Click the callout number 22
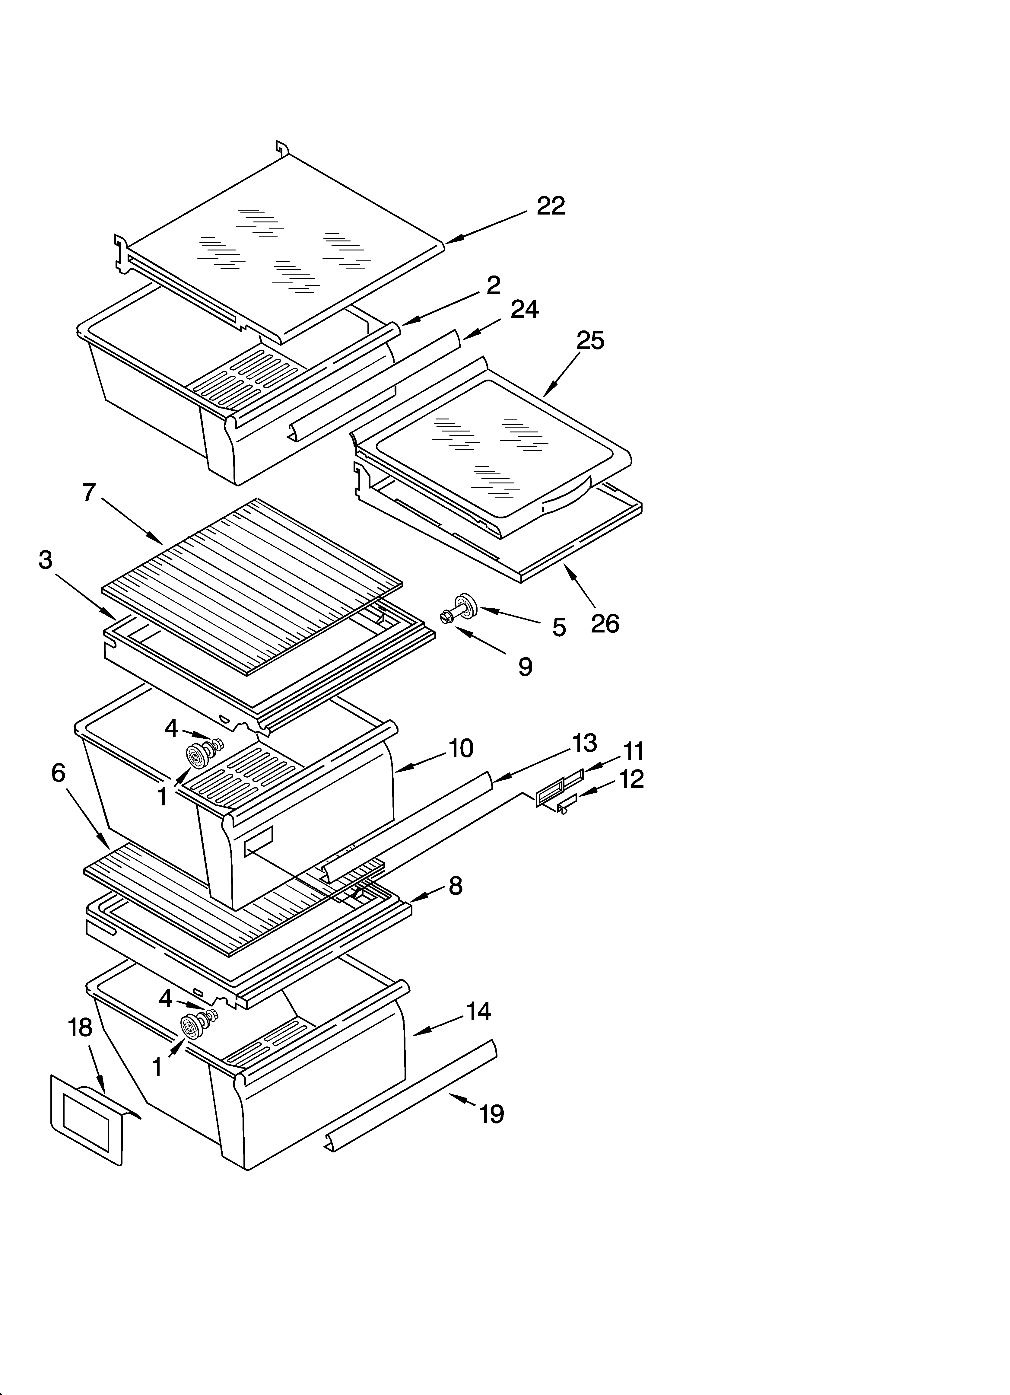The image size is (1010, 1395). coord(551,206)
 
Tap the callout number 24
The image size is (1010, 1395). coord(524,309)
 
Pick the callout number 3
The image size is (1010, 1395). coord(46,560)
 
